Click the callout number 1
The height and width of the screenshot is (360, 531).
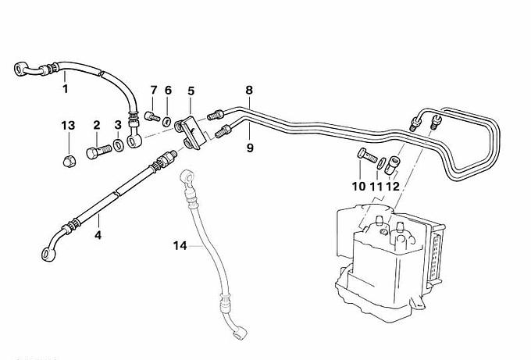coord(66,89)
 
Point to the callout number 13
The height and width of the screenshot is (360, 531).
coord(68,126)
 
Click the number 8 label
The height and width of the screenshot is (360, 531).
coord(249,91)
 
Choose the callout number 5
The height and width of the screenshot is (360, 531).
coord(191,91)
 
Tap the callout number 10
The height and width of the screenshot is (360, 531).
coord(358,187)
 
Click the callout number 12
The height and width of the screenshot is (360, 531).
coord(392,187)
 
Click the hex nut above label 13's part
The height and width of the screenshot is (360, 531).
coord(68,160)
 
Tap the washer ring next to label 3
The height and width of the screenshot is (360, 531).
coord(118,144)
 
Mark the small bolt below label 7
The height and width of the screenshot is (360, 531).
coord(152,117)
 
